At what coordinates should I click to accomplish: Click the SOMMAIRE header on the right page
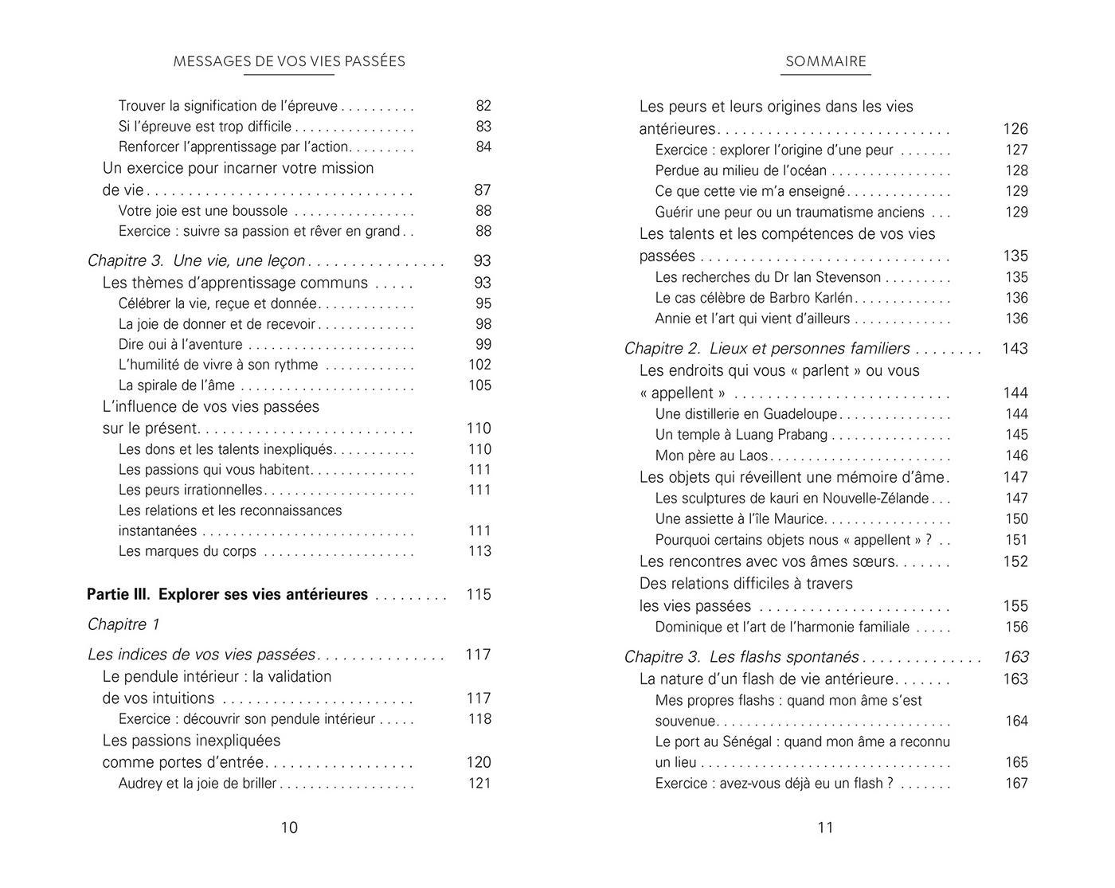(825, 61)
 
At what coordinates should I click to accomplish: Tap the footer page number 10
(289, 827)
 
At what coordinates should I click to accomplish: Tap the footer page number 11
(825, 827)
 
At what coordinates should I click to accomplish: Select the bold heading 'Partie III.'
(118, 594)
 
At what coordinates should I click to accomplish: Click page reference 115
(478, 594)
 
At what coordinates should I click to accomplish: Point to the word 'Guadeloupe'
(800, 414)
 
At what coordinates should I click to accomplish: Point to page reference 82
(483, 106)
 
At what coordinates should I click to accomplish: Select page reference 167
(1016, 783)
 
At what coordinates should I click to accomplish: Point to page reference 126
(1015, 129)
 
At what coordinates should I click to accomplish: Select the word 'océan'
(805, 170)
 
